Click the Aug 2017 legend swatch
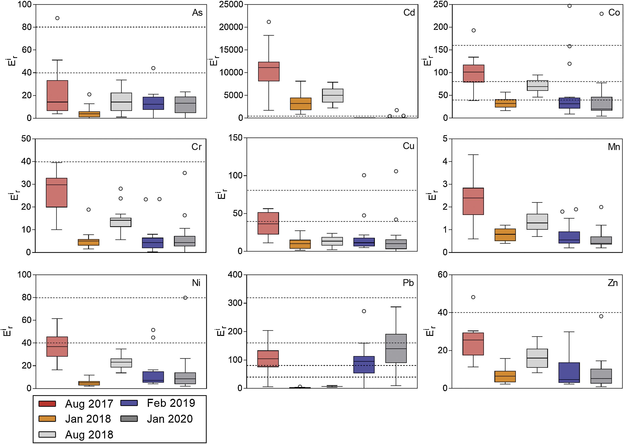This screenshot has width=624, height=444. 47,404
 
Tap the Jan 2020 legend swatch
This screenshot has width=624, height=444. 129,419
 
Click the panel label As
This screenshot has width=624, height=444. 197,13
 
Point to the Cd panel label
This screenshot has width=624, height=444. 409,13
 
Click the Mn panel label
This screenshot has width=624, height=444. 614,147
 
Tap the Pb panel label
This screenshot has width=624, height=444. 408,283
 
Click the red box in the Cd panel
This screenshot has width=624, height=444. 269,71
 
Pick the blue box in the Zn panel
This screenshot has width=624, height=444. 569,372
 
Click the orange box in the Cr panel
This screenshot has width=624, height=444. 89,242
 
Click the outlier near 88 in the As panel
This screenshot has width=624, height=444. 57,18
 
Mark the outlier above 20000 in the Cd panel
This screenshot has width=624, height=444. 269,22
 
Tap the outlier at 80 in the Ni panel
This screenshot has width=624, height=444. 185,298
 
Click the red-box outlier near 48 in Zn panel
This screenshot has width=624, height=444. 473,297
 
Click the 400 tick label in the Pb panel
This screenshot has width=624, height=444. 235,275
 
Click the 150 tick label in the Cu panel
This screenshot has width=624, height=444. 236,138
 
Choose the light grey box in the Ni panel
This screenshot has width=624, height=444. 121,363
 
